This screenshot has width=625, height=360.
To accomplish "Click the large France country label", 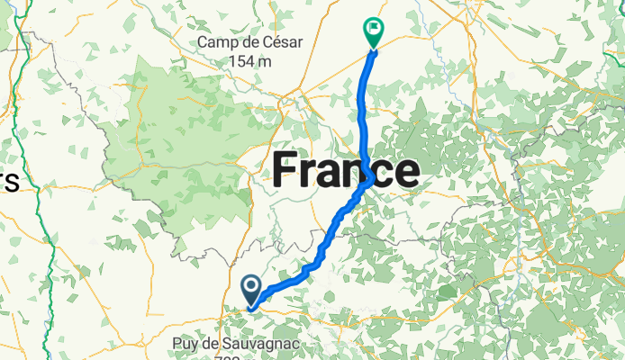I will [x=346, y=170].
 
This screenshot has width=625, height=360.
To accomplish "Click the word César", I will [x=283, y=42].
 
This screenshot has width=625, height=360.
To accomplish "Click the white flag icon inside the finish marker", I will [x=372, y=29].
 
